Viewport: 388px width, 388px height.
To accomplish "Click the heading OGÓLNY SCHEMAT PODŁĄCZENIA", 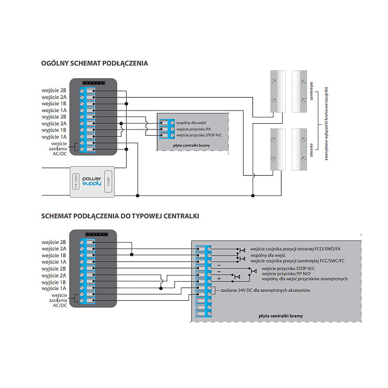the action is (x=95, y=64).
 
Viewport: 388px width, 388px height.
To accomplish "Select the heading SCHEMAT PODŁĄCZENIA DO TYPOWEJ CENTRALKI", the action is (x=120, y=216).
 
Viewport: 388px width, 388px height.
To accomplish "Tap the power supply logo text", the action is (x=92, y=181).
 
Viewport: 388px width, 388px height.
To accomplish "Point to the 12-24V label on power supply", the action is (x=108, y=181).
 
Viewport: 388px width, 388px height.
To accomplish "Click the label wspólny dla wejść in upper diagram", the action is (x=191, y=123).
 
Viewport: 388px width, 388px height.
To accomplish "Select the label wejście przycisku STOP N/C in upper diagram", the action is (x=199, y=135).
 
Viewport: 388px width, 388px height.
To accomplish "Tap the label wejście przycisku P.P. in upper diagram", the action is (x=194, y=129).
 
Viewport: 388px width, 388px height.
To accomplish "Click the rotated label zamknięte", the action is (x=311, y=91).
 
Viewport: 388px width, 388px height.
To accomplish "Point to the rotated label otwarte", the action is (x=311, y=150).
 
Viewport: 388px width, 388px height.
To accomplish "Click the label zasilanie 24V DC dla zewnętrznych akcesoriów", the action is (x=265, y=290).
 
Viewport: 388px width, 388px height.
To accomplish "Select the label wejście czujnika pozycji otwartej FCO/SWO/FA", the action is (x=295, y=249).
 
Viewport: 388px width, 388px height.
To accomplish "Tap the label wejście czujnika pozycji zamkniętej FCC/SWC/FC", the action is (x=297, y=261).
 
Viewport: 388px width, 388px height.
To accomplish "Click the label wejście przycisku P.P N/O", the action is (x=286, y=274).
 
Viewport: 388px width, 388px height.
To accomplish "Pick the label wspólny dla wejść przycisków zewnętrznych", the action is (x=305, y=279).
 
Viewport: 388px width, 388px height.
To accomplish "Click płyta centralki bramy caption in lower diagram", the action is (x=281, y=316).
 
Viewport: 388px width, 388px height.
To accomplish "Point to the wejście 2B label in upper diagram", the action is (x=54, y=91).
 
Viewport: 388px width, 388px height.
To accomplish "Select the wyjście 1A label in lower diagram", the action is (x=54, y=289).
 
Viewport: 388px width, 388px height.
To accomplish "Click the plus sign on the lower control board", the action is (x=219, y=278).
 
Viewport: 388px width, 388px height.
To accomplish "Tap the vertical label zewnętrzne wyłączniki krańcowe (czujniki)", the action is (x=326, y=124).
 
